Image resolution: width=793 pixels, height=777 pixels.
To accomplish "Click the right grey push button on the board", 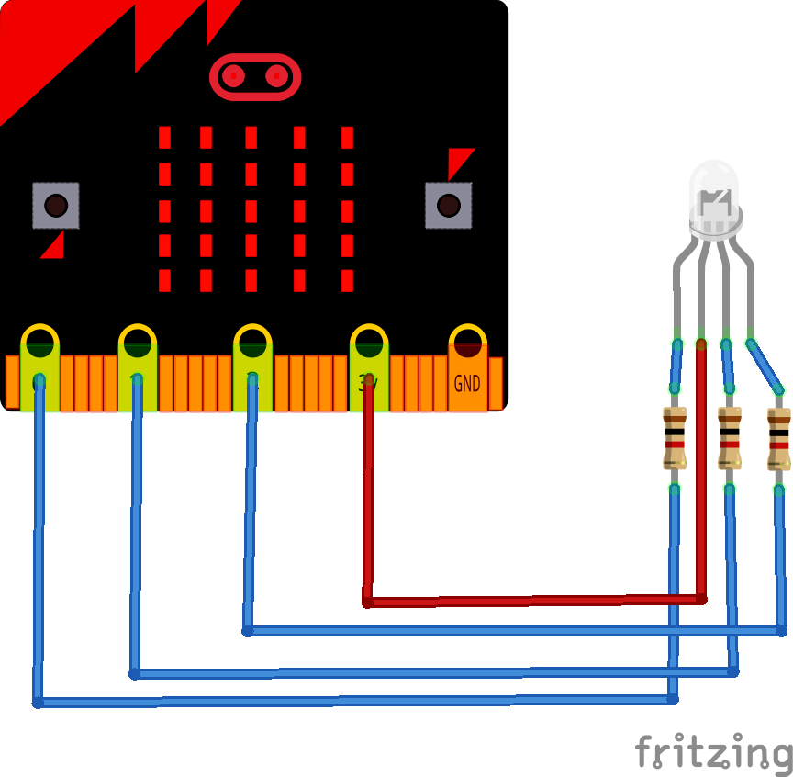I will [x=448, y=205].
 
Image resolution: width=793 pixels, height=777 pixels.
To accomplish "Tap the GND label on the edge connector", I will [x=467, y=383].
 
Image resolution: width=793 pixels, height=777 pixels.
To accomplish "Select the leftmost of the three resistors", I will [x=675, y=438].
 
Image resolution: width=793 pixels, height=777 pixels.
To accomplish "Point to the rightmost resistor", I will [x=779, y=438].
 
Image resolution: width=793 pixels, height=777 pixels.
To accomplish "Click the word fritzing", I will [x=713, y=752].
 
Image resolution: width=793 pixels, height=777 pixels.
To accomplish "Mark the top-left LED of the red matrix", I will [x=165, y=138].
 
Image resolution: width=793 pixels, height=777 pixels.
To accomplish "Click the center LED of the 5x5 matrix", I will [x=251, y=210].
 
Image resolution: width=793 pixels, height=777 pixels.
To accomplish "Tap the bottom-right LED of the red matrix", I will [x=347, y=280].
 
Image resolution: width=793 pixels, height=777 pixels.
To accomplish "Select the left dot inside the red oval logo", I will [x=234, y=76].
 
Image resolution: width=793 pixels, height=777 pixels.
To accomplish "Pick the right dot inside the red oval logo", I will [x=276, y=76].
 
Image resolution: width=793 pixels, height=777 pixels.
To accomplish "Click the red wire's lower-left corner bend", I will [x=367, y=602].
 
